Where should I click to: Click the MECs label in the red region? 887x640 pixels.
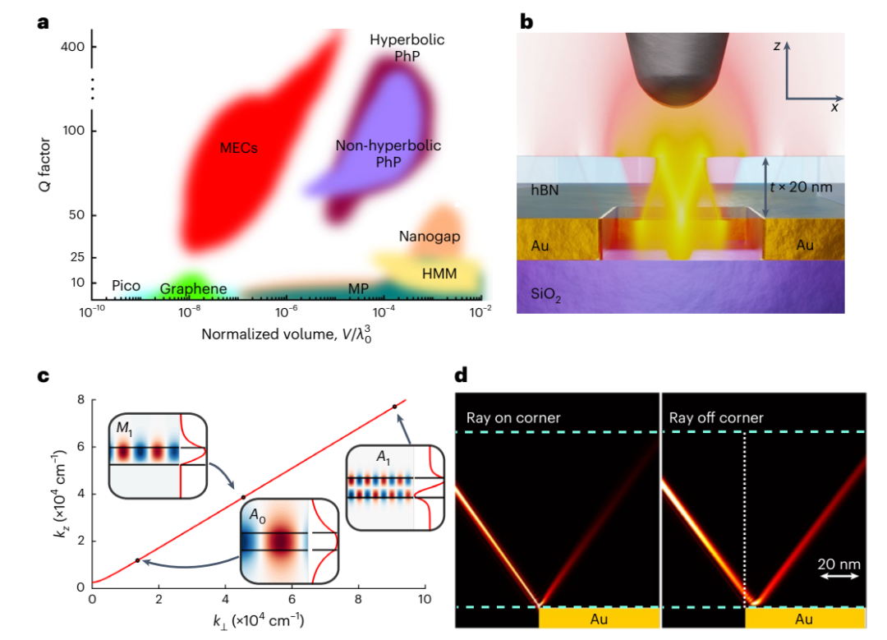click(x=239, y=149)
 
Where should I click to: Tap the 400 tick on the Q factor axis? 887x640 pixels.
click(x=74, y=46)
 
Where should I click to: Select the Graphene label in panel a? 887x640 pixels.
click(x=193, y=289)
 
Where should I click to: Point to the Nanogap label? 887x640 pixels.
click(x=429, y=237)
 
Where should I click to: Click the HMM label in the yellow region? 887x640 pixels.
click(x=439, y=274)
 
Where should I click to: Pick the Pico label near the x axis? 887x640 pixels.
click(x=126, y=286)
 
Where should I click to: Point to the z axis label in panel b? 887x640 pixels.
click(x=776, y=47)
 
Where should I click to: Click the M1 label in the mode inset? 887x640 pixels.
click(x=124, y=430)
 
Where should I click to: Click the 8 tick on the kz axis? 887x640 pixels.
click(x=81, y=400)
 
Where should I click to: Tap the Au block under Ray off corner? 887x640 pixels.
click(x=804, y=617)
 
